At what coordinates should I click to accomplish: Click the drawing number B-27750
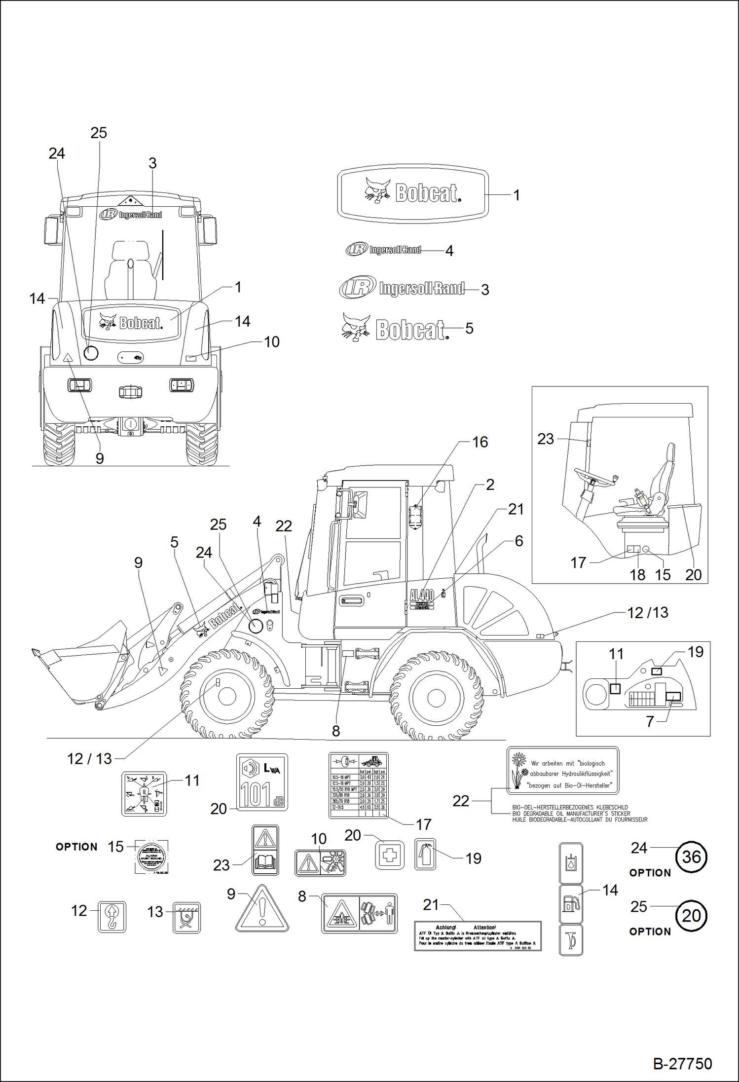[682, 1064]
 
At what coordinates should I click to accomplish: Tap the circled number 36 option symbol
[691, 857]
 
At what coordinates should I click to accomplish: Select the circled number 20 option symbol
[691, 915]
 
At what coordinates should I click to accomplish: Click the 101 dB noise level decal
[262, 782]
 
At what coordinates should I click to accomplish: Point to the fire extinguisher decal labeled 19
[425, 854]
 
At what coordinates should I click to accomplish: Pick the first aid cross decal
[390, 855]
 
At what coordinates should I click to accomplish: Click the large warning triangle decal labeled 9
[262, 909]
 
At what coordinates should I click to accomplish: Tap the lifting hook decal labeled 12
[112, 917]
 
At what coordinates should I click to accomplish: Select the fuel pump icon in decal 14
[571, 904]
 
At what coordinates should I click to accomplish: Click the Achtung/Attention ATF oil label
[478, 935]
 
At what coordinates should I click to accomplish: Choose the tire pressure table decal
[359, 784]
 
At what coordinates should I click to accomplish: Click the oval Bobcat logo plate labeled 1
[413, 193]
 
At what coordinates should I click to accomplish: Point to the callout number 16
[480, 442]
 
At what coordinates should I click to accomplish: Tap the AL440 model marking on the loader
[422, 595]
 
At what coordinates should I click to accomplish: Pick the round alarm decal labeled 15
[151, 857]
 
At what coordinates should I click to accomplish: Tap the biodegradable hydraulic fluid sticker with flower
[563, 771]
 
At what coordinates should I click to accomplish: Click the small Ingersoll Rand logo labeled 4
[384, 250]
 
